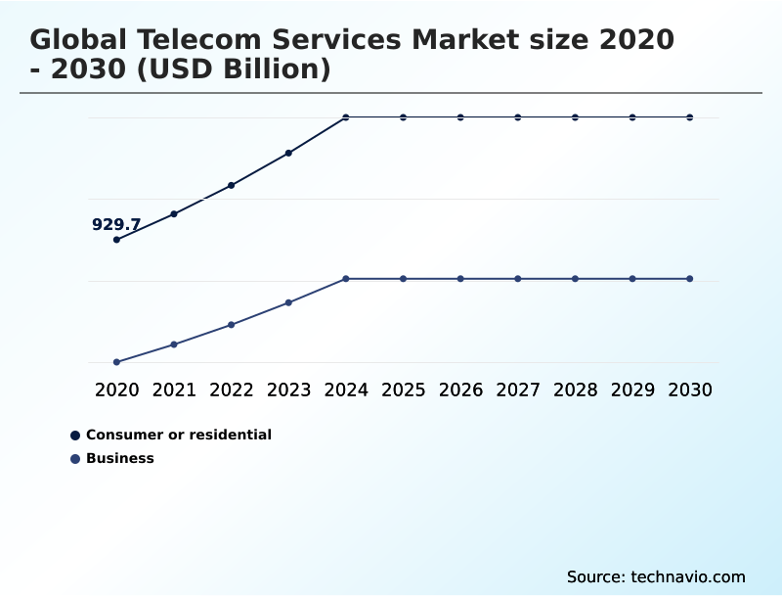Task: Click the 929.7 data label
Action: (x=116, y=224)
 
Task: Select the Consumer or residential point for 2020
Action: (x=116, y=240)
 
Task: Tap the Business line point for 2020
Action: (x=116, y=362)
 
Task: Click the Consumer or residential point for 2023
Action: (x=288, y=153)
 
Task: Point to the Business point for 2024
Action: (x=346, y=279)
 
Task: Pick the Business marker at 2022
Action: (x=231, y=324)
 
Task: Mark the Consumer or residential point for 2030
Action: (x=690, y=117)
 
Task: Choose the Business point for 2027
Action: (x=518, y=279)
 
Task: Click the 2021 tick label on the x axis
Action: (x=174, y=390)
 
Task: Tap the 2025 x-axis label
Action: (x=403, y=390)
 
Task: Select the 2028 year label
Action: (x=575, y=390)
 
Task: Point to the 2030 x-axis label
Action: (x=690, y=390)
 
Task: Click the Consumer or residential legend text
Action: (x=179, y=435)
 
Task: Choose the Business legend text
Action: (x=120, y=458)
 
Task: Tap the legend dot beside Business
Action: (x=75, y=458)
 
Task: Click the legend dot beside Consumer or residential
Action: (x=75, y=435)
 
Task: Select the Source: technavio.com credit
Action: (x=656, y=576)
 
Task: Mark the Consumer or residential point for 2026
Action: (x=460, y=117)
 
